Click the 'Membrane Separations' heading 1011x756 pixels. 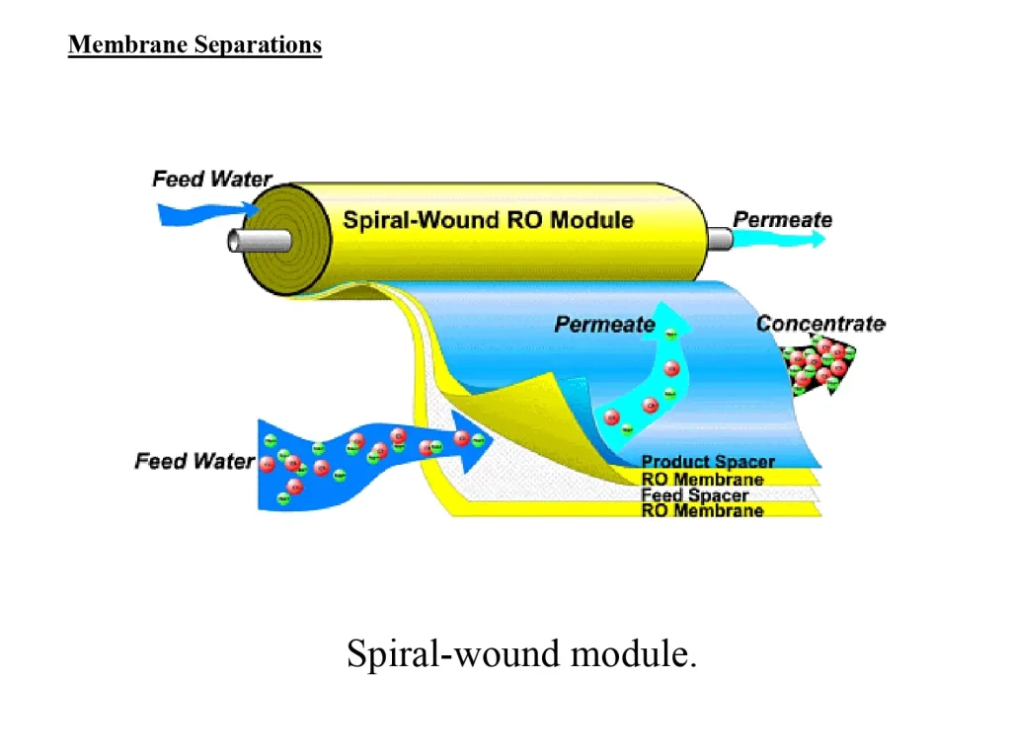(x=194, y=45)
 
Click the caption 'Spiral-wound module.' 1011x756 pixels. (x=521, y=653)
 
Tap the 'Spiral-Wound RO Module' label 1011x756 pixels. (x=488, y=219)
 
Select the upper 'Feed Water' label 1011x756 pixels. (x=211, y=179)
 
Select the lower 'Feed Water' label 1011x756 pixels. (x=194, y=461)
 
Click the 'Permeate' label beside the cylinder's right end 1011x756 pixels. (x=782, y=219)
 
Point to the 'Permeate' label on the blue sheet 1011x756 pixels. (x=604, y=324)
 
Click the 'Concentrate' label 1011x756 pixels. (x=820, y=324)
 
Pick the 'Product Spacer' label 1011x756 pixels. (x=708, y=462)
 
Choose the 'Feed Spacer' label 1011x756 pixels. (x=695, y=495)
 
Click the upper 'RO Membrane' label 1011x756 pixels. (x=702, y=480)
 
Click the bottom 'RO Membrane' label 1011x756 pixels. (x=702, y=511)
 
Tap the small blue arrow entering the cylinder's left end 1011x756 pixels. (x=202, y=211)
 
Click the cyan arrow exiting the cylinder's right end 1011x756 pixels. (x=780, y=239)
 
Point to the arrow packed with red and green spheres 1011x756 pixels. (x=819, y=365)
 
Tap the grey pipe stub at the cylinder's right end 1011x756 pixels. (x=719, y=239)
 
